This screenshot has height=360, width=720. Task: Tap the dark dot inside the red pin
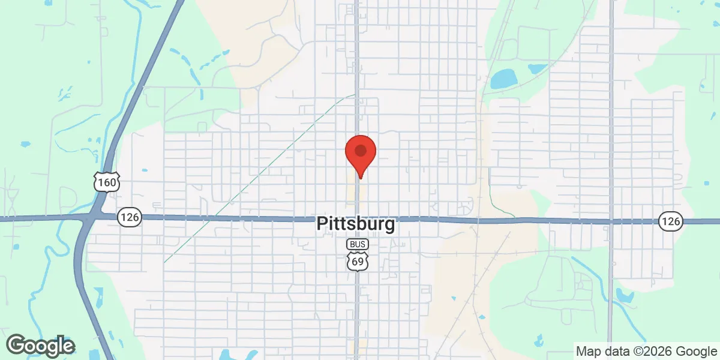click(x=360, y=150)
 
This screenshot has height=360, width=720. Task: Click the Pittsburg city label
click(x=356, y=224)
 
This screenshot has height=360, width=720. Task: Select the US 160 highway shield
click(x=107, y=181)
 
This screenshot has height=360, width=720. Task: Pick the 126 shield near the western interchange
click(x=129, y=217)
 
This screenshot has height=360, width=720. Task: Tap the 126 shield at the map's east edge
click(x=671, y=221)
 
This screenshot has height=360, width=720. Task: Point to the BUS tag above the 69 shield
click(x=358, y=245)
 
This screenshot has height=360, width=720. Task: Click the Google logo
click(x=41, y=346)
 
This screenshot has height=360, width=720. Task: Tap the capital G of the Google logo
click(x=16, y=345)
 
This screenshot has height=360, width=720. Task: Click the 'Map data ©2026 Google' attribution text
click(x=646, y=351)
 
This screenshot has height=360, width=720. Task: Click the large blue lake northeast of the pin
click(x=503, y=79)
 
